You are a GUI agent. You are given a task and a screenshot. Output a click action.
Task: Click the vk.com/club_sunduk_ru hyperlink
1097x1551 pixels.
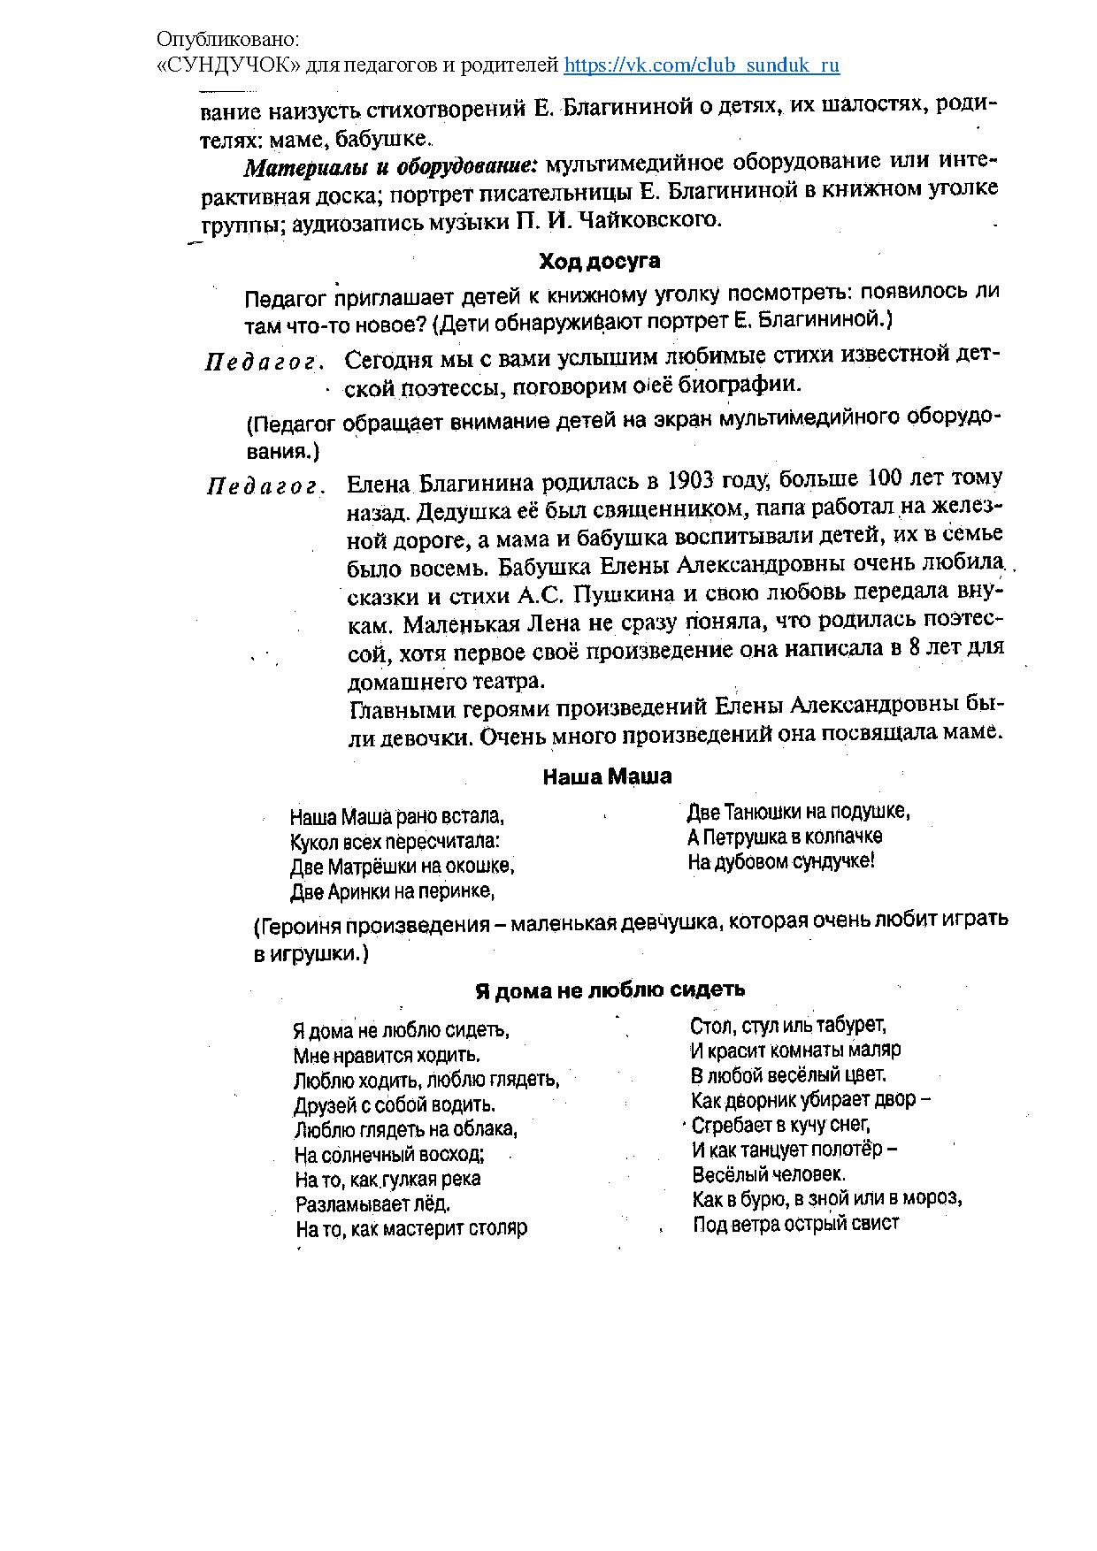point(702,65)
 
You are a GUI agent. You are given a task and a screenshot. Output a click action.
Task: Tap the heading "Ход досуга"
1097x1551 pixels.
point(600,262)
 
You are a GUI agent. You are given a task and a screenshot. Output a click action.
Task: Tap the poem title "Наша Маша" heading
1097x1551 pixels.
point(607,776)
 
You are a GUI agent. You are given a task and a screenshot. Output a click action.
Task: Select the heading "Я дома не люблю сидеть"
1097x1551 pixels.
point(610,990)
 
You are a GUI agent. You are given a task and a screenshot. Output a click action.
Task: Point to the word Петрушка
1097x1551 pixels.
point(740,837)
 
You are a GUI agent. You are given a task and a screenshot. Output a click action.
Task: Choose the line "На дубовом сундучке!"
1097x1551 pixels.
point(781,861)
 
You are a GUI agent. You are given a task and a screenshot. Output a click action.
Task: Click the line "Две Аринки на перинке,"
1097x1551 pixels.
point(392,891)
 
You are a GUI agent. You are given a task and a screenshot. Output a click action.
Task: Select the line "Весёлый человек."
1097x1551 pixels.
point(769,1174)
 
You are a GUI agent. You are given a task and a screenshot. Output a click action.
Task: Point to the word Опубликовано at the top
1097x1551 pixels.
point(228,40)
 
